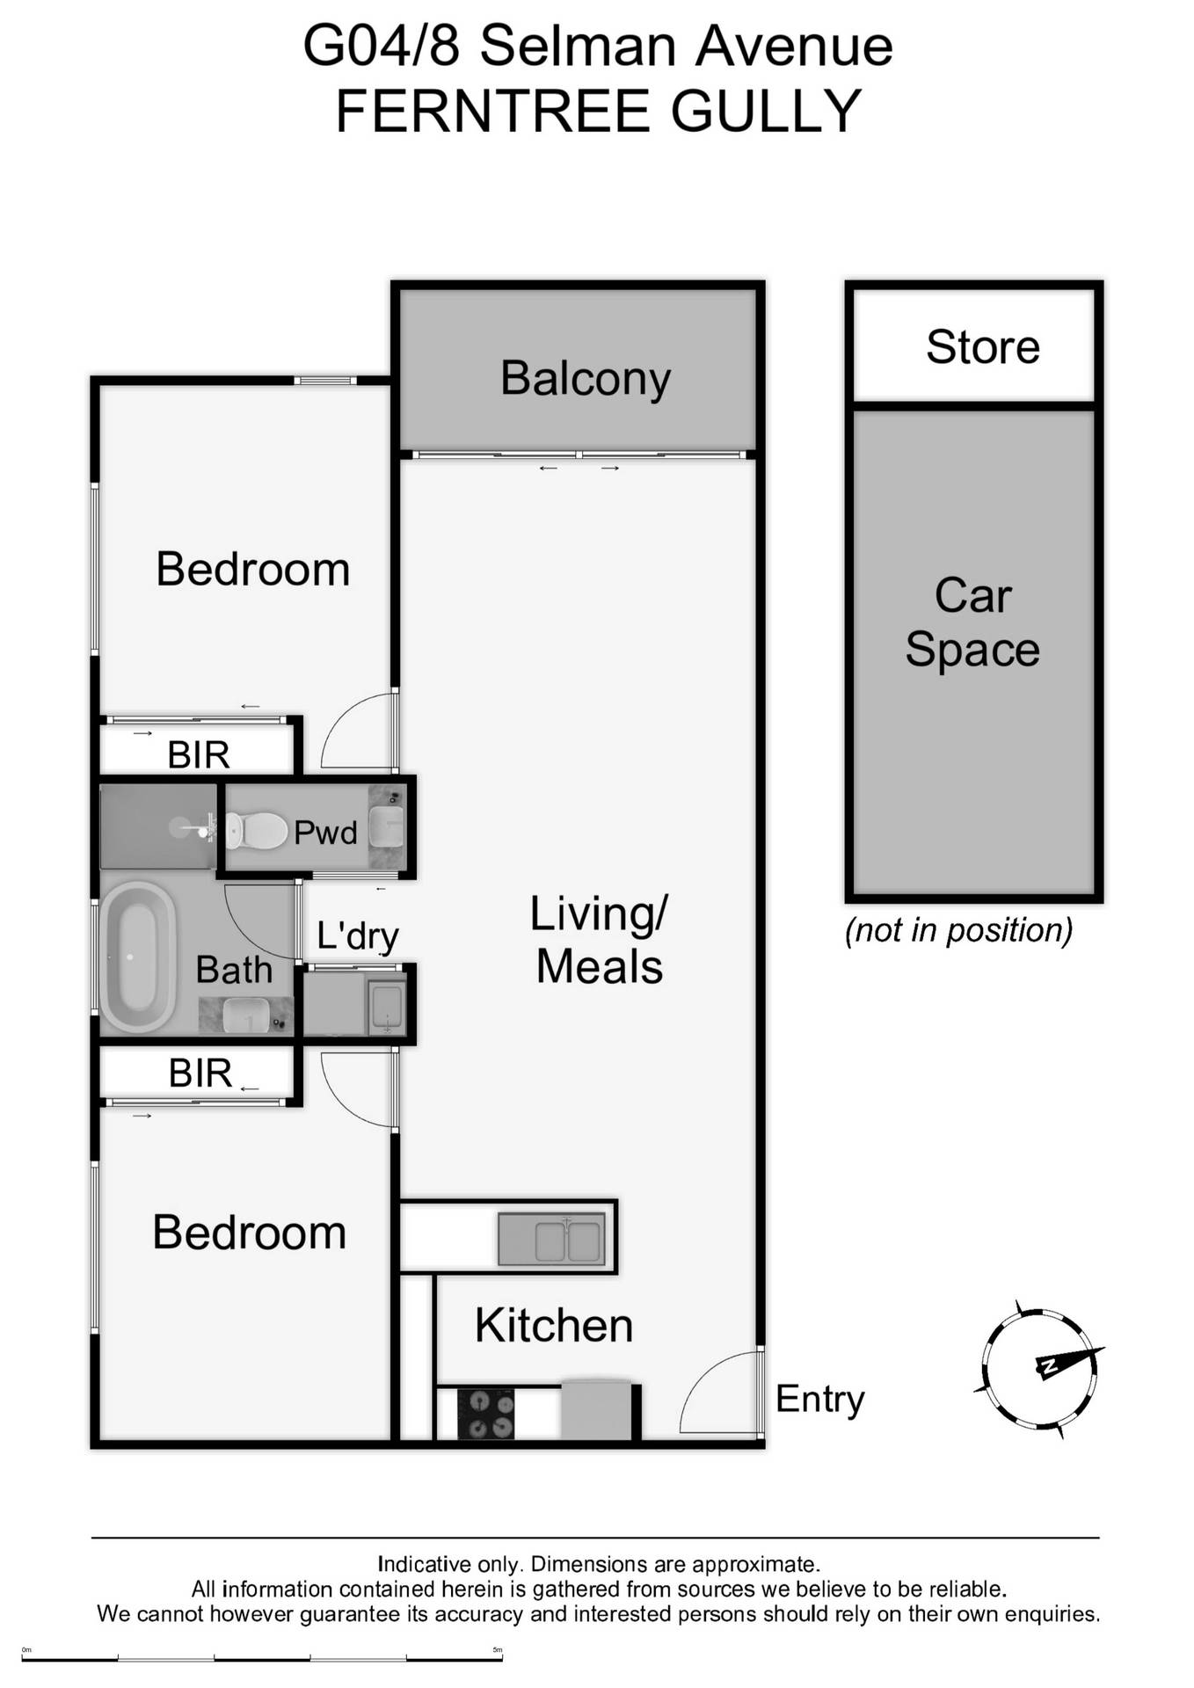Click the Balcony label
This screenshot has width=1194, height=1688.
[586, 379]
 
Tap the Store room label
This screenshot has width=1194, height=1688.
[983, 346]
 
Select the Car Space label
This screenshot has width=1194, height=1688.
[972, 622]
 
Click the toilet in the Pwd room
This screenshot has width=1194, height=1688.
[256, 831]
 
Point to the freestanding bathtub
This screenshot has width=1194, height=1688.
[137, 957]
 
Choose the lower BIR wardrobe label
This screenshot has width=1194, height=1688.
[200, 1073]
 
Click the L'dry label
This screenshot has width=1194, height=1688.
[358, 936]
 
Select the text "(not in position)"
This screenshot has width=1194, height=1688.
[958, 930]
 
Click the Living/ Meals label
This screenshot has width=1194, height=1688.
[600, 940]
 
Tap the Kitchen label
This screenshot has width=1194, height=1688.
[554, 1325]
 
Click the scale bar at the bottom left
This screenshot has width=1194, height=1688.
[262, 1658]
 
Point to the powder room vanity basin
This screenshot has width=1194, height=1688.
[385, 826]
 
